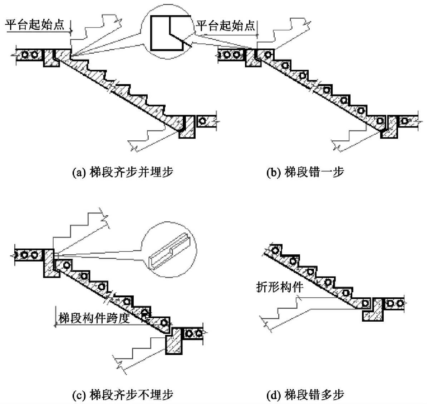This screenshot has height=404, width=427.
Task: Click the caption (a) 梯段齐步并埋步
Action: [123, 172]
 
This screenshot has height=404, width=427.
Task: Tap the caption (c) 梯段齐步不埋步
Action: [123, 394]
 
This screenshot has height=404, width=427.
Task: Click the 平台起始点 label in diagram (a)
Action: [35, 25]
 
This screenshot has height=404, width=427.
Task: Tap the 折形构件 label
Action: [280, 287]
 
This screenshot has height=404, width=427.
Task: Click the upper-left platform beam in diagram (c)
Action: [50, 264]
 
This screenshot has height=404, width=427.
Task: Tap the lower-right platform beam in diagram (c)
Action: [175, 342]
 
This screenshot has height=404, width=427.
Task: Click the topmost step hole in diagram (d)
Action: [275, 250]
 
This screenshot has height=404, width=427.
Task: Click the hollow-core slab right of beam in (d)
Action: [394, 303]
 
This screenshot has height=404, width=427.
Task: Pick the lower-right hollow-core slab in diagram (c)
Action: [193, 334]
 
